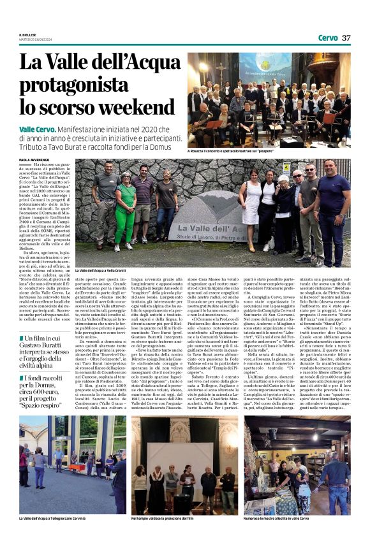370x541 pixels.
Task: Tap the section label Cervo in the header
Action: pos(328,38)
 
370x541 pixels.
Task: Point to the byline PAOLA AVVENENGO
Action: pos(33,159)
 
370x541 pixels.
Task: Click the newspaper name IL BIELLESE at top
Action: pos(27,35)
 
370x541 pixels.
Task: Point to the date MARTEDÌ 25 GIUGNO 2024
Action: pos(34,41)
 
